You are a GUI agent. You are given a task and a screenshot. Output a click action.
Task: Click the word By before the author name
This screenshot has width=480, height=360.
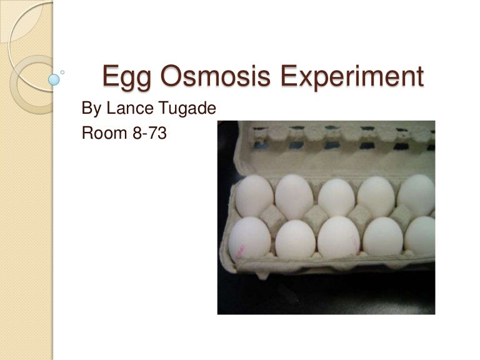pos(92,109)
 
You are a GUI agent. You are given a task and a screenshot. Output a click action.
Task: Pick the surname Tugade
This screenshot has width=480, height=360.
pos(187,109)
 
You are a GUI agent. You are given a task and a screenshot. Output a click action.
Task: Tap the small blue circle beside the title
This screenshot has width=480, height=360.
pos(54,79)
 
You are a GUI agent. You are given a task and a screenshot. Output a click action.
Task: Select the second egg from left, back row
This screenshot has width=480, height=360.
pos(294,196)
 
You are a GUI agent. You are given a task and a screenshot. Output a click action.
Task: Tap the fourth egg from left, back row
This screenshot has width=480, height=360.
pos(376,196)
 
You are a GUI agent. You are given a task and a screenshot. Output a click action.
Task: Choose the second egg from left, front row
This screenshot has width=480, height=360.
pos(295,239)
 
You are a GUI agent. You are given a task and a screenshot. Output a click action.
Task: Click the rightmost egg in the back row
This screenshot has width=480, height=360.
pos(417,194)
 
